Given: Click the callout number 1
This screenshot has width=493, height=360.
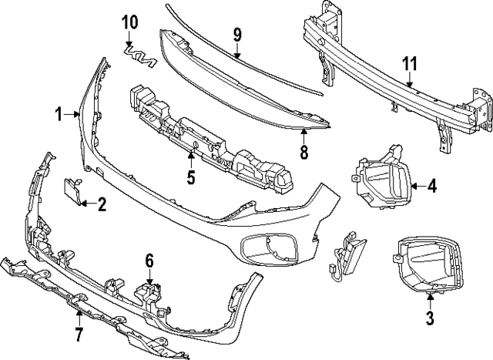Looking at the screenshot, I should (x=59, y=115).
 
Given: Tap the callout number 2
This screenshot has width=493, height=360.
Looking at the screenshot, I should (x=102, y=204).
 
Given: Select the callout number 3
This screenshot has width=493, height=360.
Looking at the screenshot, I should (x=430, y=318).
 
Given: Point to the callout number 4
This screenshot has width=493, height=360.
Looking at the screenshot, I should (x=432, y=186).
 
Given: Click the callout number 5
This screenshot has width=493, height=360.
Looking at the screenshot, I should (x=190, y=179).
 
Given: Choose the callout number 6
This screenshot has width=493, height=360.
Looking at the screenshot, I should (x=149, y=262).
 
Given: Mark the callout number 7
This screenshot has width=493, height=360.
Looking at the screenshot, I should (x=78, y=334).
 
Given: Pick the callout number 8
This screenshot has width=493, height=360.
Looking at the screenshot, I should (x=304, y=152).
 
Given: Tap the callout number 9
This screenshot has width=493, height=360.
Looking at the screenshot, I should (x=237, y=34).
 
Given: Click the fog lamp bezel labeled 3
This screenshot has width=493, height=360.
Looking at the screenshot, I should (x=428, y=266).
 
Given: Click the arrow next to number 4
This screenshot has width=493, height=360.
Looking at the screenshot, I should (x=416, y=186).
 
